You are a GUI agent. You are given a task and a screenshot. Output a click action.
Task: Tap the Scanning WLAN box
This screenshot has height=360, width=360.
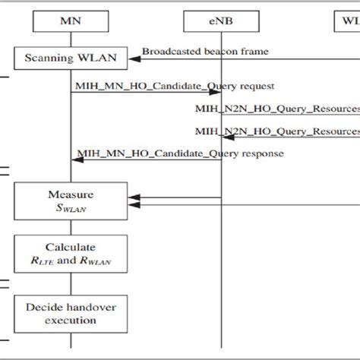(70, 58)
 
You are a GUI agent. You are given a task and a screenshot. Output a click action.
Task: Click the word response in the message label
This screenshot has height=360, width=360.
(258, 153)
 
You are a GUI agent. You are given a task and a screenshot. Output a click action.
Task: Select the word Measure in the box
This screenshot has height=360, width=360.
(70, 194)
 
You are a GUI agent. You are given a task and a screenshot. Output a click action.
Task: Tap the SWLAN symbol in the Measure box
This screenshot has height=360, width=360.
(70, 207)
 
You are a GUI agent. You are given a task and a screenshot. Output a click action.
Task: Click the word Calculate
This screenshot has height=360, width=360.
(70, 248)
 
